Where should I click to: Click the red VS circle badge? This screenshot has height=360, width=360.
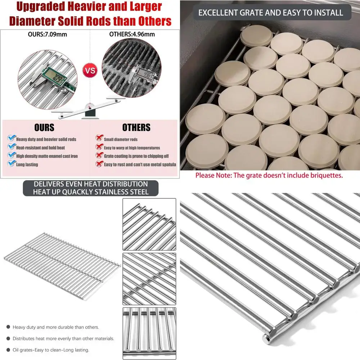tap(90, 71)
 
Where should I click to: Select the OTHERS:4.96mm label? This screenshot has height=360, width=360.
tap(132, 35)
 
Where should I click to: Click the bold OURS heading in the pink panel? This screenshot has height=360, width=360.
tap(44, 127)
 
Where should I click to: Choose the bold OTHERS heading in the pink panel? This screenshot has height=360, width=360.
tap(136, 127)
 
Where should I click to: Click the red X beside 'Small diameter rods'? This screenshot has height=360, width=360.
tap(98, 139)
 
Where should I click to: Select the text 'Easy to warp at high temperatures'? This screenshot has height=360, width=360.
tap(132, 148)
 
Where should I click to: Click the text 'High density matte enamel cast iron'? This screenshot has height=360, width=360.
tap(47, 156)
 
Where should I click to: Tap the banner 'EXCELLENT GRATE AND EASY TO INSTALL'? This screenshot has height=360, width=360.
tap(270, 13)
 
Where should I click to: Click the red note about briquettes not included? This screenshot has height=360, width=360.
tap(269, 176)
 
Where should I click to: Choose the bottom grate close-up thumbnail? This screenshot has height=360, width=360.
tap(149, 333)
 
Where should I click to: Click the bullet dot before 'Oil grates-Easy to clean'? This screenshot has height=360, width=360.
tap(8, 350)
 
